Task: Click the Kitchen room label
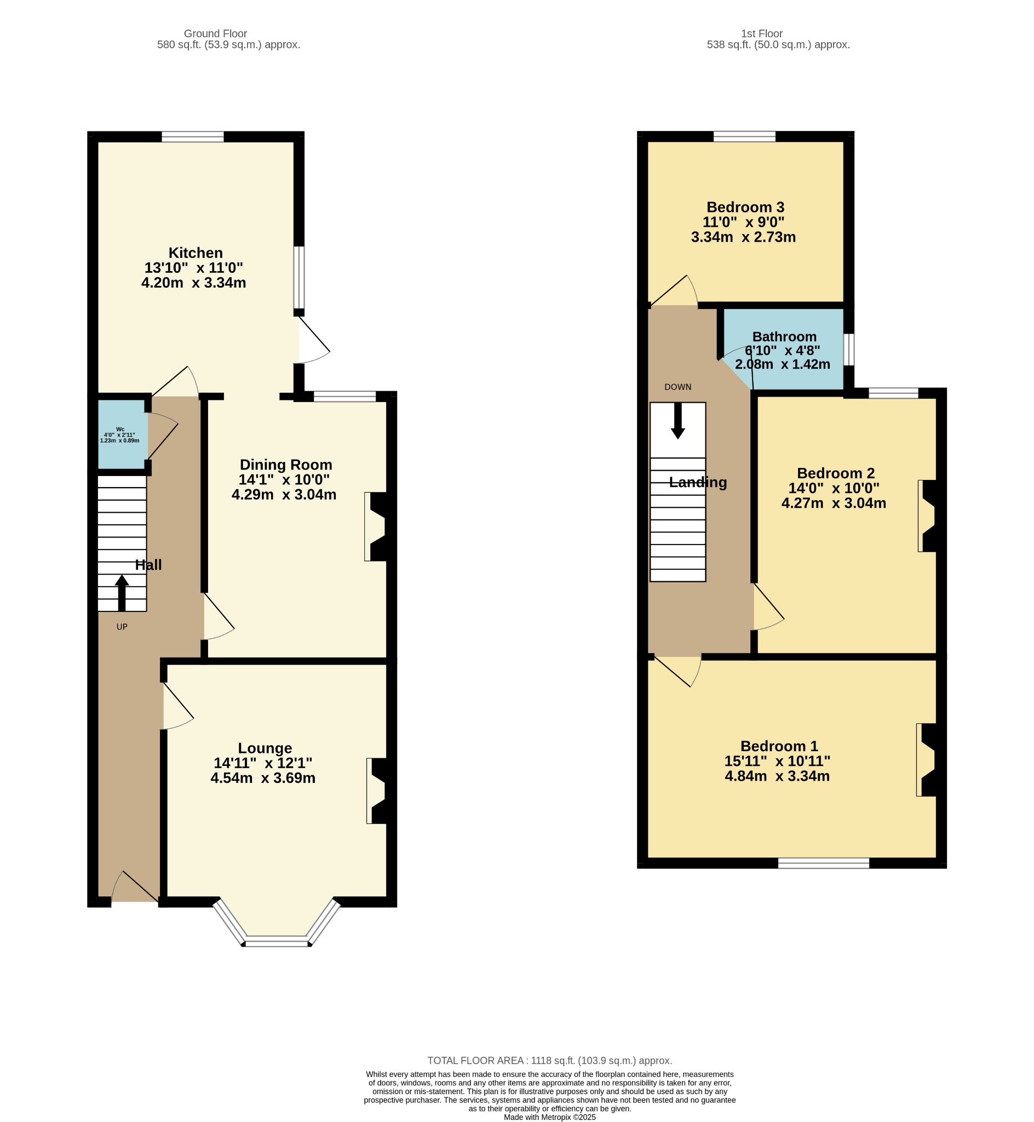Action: tap(196, 253)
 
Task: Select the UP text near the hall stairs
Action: tap(122, 627)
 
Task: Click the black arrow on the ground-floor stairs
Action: tap(122, 593)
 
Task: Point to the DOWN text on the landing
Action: tap(677, 387)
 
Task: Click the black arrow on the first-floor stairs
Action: tap(677, 421)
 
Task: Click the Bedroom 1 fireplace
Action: tap(927, 759)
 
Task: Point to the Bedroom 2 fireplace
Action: tap(928, 516)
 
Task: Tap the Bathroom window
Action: tap(849, 350)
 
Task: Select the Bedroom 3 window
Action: tap(744, 136)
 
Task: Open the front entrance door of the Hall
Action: tap(135, 886)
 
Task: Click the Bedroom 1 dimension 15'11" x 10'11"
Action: tap(777, 761)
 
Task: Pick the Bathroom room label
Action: tap(784, 336)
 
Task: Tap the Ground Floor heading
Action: tap(215, 33)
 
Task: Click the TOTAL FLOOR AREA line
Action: tap(549, 1061)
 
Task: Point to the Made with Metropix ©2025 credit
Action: tap(549, 1117)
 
